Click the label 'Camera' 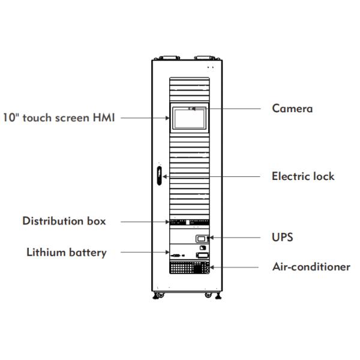tap(292, 109)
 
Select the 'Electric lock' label tap(303, 176)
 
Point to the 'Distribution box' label tap(64, 221)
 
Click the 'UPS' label tap(282, 238)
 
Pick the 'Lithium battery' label tap(67, 252)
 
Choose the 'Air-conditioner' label tap(311, 267)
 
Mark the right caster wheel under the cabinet tap(208, 295)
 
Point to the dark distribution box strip tap(189, 222)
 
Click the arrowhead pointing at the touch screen tap(170, 118)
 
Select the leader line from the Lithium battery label tap(144, 253)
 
